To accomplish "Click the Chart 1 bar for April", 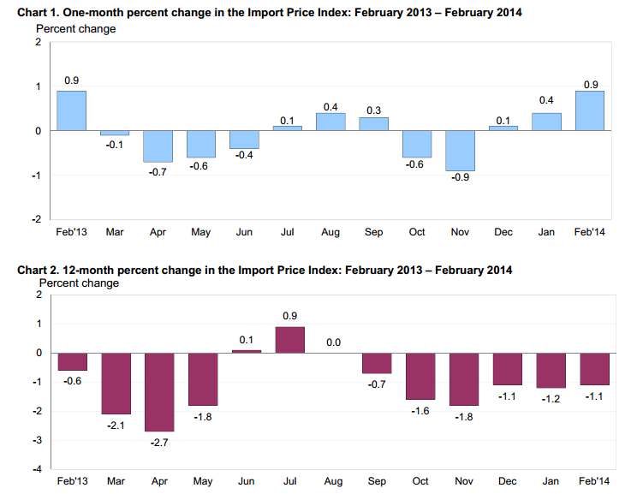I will click(158, 146).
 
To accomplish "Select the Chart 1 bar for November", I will click(461, 151).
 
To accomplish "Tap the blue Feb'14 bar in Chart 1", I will click(590, 110).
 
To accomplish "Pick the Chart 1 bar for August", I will click(331, 122).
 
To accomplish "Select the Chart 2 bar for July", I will click(289, 340).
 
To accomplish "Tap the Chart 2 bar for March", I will click(116, 384).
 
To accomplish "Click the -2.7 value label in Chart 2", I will click(159, 442).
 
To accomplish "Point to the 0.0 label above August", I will click(333, 342).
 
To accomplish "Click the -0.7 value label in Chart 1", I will click(158, 172).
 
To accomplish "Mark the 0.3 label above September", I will click(374, 110).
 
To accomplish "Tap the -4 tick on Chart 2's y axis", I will click(37, 469).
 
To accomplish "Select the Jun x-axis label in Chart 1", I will click(245, 232).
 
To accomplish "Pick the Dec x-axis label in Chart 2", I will click(508, 482).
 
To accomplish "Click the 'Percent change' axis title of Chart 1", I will click(75, 28).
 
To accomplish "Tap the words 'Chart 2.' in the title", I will click(39, 271).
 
